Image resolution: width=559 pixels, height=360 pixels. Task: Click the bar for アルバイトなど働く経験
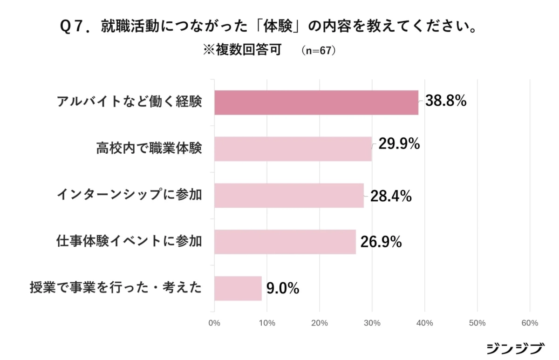tap(316, 102)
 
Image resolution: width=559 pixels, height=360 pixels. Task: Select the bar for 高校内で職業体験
tap(293, 149)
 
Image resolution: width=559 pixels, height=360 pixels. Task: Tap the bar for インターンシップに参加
tap(289, 196)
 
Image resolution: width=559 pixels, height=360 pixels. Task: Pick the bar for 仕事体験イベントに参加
tap(285, 242)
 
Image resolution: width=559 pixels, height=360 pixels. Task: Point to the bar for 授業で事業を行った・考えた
tap(238, 288)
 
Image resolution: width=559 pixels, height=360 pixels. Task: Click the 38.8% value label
tap(446, 101)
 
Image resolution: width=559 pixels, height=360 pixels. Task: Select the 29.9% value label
tap(399, 144)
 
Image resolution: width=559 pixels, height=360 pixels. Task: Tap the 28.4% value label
tap(391, 197)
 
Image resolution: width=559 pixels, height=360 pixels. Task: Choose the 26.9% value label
tap(381, 242)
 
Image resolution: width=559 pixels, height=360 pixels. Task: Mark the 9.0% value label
tap(283, 289)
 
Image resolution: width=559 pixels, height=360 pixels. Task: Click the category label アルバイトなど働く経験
tap(129, 102)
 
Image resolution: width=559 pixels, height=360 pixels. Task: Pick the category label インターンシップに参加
tap(129, 195)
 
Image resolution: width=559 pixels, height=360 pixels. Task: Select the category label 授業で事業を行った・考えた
tap(116, 288)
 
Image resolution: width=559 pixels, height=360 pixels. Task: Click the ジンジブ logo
tap(515, 348)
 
